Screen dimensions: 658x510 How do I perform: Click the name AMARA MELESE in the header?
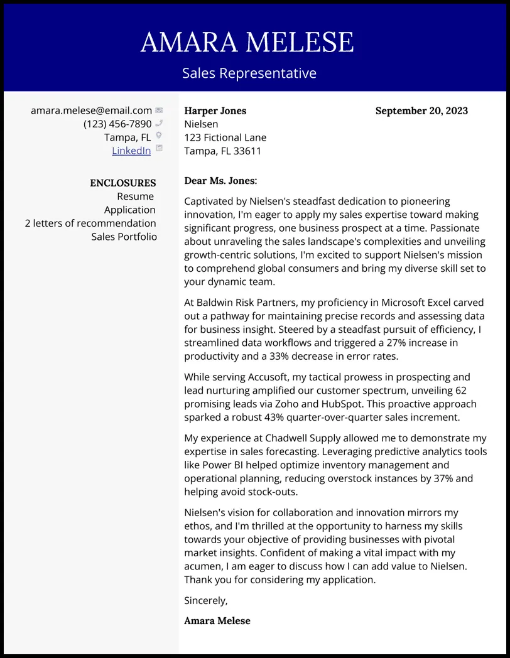click(247, 43)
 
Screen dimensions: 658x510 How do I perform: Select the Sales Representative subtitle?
click(249, 73)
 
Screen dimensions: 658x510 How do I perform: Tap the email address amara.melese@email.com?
click(91, 111)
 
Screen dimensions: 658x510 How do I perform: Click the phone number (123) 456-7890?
click(117, 124)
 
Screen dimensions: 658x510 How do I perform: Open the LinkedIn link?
click(131, 151)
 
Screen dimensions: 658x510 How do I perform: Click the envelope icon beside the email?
click(159, 111)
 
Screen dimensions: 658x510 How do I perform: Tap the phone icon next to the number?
click(159, 124)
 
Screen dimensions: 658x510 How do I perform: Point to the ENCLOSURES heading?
click(122, 183)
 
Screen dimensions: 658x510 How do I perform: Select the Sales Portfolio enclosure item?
click(124, 237)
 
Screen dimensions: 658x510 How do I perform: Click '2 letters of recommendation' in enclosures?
click(90, 223)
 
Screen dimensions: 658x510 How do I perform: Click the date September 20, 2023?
click(421, 111)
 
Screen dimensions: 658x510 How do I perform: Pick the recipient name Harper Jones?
click(215, 111)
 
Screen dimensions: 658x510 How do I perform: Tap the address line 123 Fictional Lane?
click(225, 138)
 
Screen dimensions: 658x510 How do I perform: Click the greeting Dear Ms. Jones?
click(220, 181)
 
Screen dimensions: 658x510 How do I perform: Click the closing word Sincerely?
click(206, 601)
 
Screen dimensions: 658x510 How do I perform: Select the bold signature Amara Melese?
click(217, 621)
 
